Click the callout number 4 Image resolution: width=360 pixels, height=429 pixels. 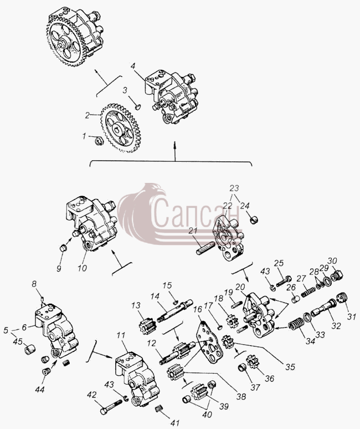(133, 66)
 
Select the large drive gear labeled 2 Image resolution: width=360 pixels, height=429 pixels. (120, 127)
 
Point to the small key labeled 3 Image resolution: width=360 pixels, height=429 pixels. (138, 106)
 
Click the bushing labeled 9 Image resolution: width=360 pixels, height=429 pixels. (64, 248)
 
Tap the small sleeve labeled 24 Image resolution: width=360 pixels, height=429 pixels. (254, 219)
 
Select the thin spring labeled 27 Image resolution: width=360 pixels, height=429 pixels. (308, 291)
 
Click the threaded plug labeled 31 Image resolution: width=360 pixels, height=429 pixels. (342, 298)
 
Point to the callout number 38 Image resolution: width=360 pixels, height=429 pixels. (241, 396)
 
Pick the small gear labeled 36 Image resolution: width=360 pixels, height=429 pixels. (251, 362)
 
